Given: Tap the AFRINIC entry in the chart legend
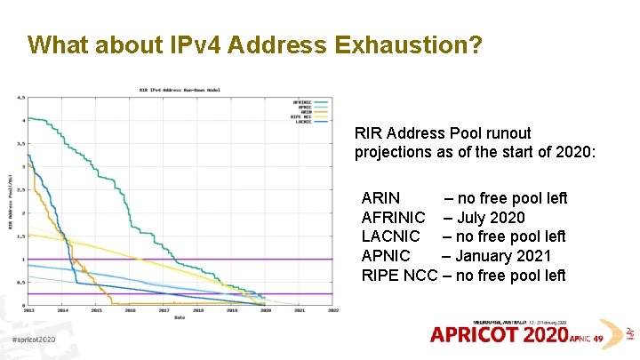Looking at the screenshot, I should [x=302, y=100].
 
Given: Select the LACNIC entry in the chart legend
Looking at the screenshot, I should [x=302, y=121].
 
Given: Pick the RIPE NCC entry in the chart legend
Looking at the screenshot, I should [x=302, y=116].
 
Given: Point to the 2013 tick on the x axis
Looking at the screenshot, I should [x=28, y=311].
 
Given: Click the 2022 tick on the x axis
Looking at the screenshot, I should [x=333, y=311].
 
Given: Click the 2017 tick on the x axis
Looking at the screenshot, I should [x=164, y=311].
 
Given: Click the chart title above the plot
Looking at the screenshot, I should [x=180, y=90].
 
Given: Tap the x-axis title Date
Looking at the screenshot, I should [x=180, y=317].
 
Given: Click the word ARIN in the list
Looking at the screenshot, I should [x=380, y=198].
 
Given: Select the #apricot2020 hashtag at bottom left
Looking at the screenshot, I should [x=34, y=340].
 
